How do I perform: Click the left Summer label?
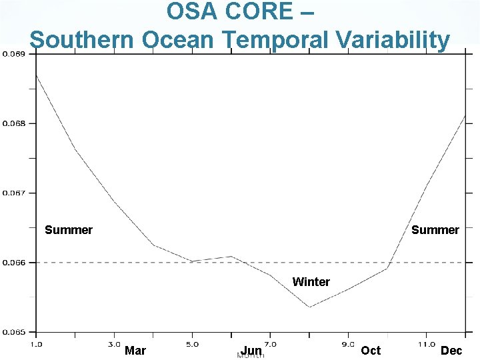(69, 230)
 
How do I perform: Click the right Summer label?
(435, 230)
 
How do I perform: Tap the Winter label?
(311, 282)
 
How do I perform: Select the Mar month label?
(135, 351)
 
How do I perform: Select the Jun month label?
(251, 351)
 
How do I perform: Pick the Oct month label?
(371, 351)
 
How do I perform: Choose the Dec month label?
(451, 351)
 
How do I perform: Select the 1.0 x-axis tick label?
(37, 344)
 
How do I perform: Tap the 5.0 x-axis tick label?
(192, 344)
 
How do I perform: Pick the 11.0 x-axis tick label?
(425, 344)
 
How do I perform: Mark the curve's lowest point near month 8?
(309, 307)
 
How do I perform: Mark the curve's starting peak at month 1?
(36, 75)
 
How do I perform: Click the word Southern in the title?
(74, 40)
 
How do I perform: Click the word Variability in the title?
(389, 40)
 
